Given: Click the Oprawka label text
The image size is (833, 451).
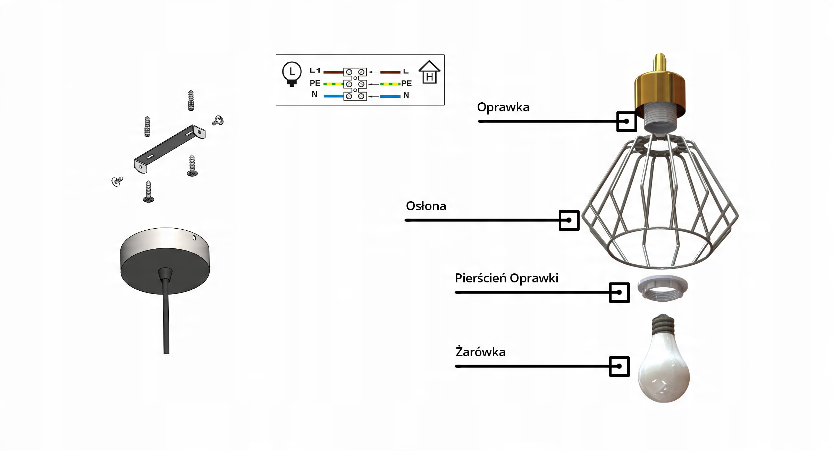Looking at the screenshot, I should coord(503,107).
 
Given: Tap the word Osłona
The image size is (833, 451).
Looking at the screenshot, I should coord(426,206).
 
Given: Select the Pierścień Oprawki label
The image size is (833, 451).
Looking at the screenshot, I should coord(506,278).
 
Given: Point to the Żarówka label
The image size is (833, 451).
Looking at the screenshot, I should coord(480,352).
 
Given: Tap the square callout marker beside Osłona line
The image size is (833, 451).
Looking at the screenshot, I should coord(569,220).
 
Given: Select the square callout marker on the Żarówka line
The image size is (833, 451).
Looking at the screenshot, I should coord(619,366).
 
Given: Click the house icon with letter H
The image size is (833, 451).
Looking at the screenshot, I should coord(429,73).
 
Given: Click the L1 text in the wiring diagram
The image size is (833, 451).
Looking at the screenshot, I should coord(315,71).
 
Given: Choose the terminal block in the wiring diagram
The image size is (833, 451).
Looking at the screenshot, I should coord(355,84).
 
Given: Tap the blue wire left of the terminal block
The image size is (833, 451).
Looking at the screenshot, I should coord(333,96).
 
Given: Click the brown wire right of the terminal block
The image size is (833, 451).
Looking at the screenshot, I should coord(390,72).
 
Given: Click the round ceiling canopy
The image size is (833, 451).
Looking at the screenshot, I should coord(165,260).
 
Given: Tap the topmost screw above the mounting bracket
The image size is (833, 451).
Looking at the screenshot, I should coord(191,100).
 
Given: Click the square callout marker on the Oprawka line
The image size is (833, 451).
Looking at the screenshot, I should coord(626,121).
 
